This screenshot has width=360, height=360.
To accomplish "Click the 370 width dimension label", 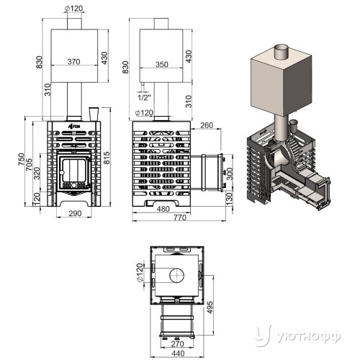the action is (x=73, y=62).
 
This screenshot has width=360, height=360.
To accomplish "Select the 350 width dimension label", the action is (x=161, y=64).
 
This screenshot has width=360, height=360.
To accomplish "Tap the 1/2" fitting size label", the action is (x=144, y=97).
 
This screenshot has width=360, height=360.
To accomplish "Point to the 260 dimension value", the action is (x=207, y=125).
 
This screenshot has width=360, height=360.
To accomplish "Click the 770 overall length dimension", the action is (x=180, y=217).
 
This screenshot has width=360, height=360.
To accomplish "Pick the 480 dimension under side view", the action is (x=163, y=209).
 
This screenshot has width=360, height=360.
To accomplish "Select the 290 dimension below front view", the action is (x=75, y=213).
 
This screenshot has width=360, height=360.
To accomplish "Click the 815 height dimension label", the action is (x=107, y=158).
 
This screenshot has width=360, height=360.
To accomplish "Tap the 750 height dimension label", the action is (x=21, y=159).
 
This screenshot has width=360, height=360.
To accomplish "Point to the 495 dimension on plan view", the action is (x=210, y=307).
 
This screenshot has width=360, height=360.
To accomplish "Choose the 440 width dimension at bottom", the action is (x=179, y=354).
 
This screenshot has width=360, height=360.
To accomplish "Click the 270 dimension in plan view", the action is (x=177, y=343).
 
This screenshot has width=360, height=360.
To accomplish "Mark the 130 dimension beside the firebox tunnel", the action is (x=230, y=197).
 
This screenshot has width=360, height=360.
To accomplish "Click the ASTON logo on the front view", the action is (x=74, y=127).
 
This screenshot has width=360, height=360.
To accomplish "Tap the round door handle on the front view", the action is (x=62, y=172).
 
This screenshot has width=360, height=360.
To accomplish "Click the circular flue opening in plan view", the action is (x=177, y=276).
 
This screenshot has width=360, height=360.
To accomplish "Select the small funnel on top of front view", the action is (x=94, y=114).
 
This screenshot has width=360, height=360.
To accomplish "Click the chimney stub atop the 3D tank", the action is (x=282, y=53).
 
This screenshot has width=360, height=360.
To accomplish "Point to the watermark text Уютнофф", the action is (x=309, y=337).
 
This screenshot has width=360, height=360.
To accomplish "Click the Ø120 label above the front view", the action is (x=73, y=9).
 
